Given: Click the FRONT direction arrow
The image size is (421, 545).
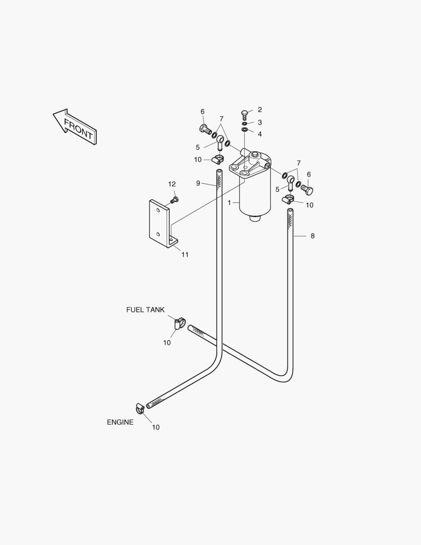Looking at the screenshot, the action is [75, 127].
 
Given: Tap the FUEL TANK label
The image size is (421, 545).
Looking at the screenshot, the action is [145, 310].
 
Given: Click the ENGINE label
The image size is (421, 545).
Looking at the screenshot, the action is [120, 422].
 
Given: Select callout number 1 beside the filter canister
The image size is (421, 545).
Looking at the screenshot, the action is [229, 203].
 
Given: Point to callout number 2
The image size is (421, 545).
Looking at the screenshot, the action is [260, 110].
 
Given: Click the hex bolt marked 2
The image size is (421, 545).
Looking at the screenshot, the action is [244, 115].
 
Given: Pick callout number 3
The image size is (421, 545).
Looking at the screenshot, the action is [260, 122].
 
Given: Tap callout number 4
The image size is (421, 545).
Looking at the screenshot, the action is [260, 134].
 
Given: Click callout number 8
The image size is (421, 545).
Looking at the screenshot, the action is [312, 236].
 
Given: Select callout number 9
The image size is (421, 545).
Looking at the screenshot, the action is [198, 183].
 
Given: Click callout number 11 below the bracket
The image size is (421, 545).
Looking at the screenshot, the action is [185, 255].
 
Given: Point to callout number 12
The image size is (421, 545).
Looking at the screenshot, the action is [172, 184].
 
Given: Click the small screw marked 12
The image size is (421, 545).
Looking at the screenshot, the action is [174, 199].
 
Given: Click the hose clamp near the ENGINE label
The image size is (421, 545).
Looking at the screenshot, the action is [140, 408].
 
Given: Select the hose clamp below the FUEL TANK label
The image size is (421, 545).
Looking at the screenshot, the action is [179, 323].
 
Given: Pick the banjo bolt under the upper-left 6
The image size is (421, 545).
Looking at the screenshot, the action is [205, 129].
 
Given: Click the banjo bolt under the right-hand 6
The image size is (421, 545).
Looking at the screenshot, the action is [307, 189].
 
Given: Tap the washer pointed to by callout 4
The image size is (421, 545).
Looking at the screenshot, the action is [245, 130].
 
